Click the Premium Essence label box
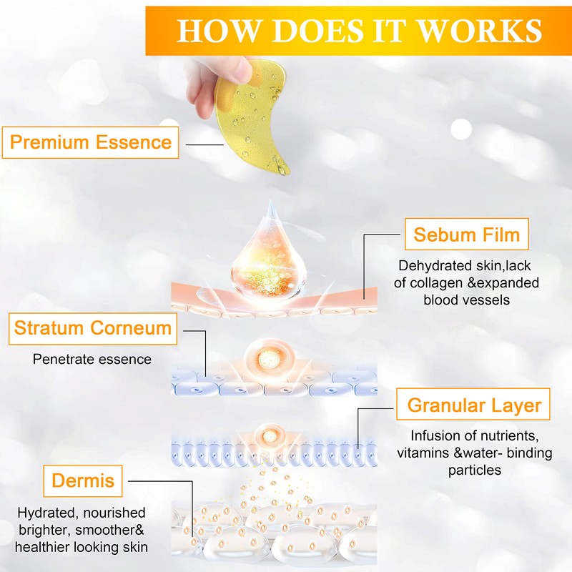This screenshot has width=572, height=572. tap(91, 142)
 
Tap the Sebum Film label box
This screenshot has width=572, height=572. tap(466, 235)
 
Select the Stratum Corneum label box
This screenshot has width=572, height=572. tap(93, 329)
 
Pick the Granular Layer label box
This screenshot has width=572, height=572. tap(474, 406)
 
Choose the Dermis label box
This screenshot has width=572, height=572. tap(83, 480)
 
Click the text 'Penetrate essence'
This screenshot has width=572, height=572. tap(92, 359)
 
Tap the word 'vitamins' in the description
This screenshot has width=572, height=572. tap(426, 453)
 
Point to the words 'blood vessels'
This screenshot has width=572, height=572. tap(465, 300)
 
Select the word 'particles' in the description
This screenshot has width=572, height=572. tap(475, 470)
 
